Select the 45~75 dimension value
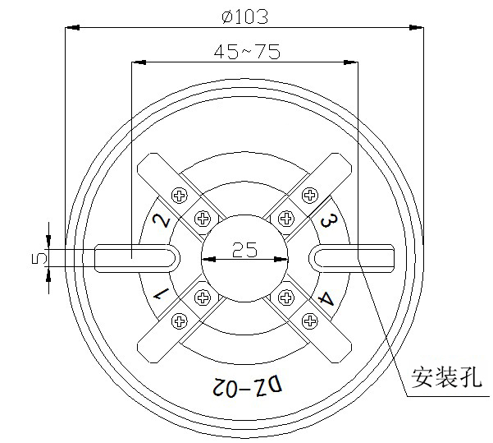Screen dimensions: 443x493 pyautogui.click(x=246, y=51)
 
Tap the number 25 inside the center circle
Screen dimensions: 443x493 pyautogui.click(x=244, y=250)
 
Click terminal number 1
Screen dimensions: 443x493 pyautogui.click(x=161, y=293)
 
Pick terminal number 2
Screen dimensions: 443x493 pyautogui.click(x=162, y=219)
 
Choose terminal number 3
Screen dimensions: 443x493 pyautogui.click(x=327, y=220)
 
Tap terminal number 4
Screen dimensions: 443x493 pyautogui.click(x=326, y=298)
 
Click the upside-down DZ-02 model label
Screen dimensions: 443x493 pyautogui.click(x=244, y=385)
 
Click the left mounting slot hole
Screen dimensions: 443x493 pyautogui.click(x=135, y=257)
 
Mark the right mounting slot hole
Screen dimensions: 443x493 pyautogui.click(x=353, y=257)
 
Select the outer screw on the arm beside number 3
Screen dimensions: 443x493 pyautogui.click(x=309, y=195)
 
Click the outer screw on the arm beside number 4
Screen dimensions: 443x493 pyautogui.click(x=309, y=318)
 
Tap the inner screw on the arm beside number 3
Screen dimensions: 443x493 pyautogui.click(x=285, y=219)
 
